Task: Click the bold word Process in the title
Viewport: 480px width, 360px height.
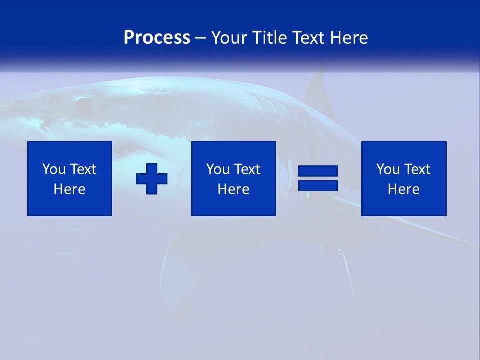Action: click(x=157, y=38)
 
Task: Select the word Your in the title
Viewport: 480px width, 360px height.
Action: click(x=229, y=38)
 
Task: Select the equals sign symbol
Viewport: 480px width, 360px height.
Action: click(x=318, y=178)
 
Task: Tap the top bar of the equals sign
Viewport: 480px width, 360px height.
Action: click(x=318, y=171)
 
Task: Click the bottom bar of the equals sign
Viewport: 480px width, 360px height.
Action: click(x=318, y=185)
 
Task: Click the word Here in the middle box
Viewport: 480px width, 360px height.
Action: click(x=234, y=189)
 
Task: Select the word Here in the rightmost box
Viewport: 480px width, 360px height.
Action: click(x=404, y=189)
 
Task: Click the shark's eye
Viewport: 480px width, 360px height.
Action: click(x=83, y=104)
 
